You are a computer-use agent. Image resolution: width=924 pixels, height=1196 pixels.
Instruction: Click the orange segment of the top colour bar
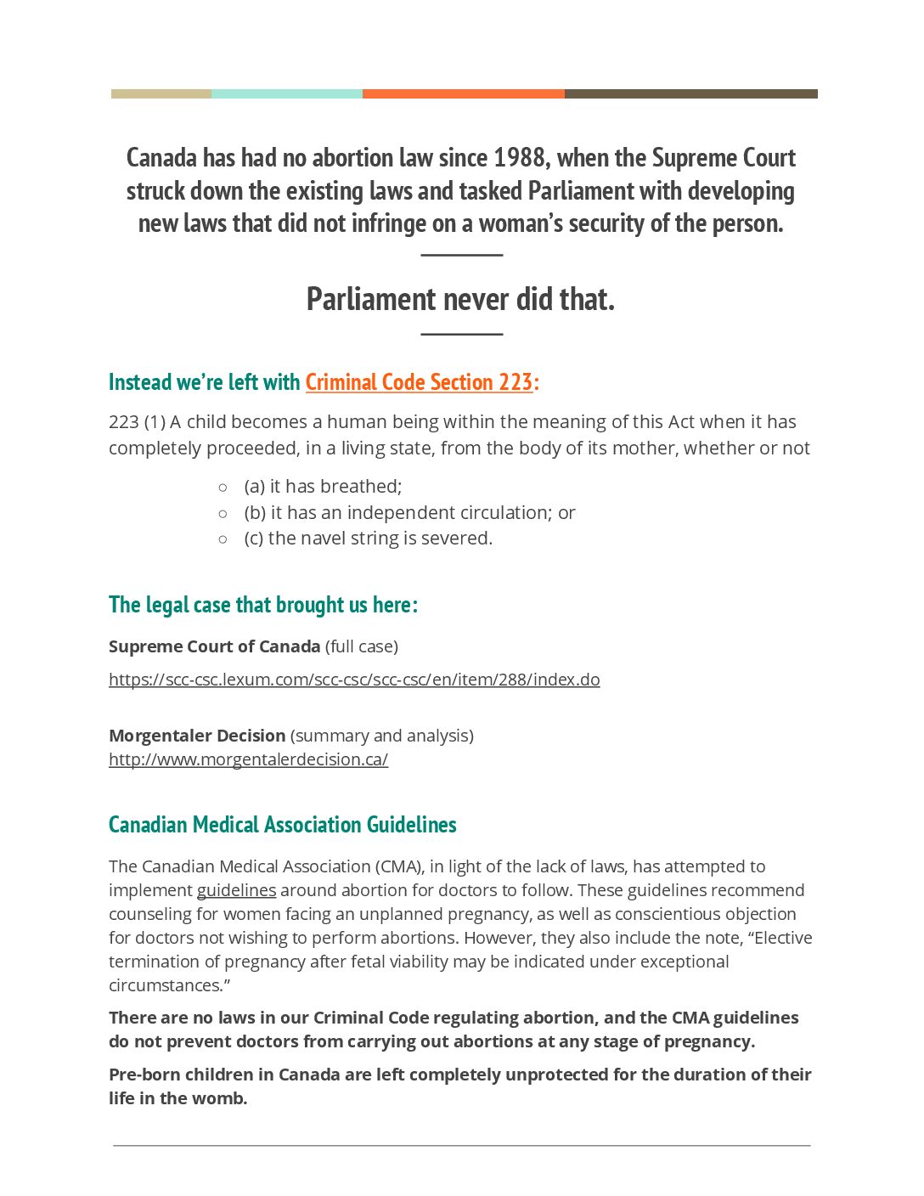[463, 94]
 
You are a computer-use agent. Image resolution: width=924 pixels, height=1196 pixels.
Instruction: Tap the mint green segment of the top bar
[286, 94]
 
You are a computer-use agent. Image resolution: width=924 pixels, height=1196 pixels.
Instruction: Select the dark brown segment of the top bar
[690, 94]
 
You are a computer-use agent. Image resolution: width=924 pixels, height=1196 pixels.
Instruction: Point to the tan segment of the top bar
[161, 94]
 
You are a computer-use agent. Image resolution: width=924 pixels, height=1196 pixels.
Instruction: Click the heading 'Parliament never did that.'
[460, 299]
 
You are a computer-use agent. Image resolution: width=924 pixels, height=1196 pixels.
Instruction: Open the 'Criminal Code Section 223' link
[419, 382]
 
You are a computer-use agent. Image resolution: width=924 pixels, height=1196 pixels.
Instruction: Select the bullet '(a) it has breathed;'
[323, 487]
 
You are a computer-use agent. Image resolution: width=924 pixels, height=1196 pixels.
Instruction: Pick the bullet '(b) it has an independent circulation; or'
[409, 513]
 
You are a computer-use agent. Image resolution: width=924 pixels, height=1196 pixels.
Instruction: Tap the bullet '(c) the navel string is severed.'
[368, 539]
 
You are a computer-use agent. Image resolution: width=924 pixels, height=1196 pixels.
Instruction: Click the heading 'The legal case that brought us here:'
[263, 605]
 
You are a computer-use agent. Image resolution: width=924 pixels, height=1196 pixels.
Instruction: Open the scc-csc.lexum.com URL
[354, 680]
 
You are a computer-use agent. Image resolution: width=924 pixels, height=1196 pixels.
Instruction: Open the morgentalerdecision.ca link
[248, 759]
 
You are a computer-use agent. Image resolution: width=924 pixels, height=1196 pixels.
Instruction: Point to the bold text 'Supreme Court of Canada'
[214, 646]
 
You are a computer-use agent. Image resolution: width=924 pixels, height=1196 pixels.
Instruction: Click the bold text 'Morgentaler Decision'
[197, 736]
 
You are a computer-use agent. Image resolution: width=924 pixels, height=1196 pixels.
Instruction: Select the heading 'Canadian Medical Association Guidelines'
[282, 825]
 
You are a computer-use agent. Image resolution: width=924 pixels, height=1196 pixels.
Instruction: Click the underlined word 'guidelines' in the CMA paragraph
[236, 890]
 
